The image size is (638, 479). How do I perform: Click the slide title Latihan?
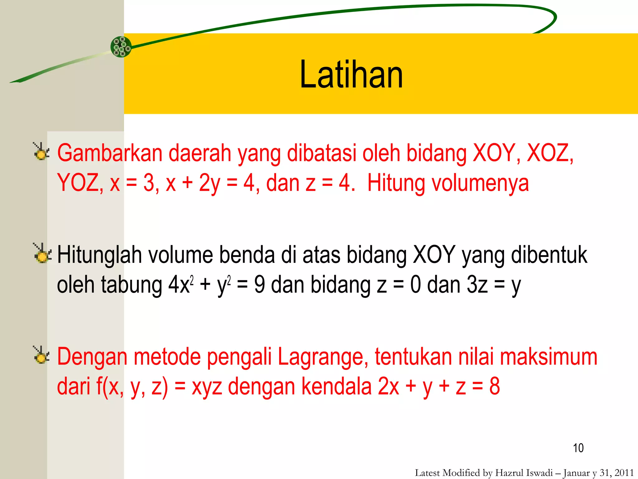tap(351, 75)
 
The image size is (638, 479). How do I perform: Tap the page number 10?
tap(578, 448)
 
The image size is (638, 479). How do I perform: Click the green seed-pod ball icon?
tap(121, 47)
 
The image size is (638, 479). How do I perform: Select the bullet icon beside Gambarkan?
tap(41, 152)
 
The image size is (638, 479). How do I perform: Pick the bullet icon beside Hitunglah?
tap(42, 254)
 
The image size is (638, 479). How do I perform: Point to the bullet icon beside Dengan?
tap(41, 356)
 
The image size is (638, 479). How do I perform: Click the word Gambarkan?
tap(110, 153)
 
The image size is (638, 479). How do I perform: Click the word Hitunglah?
tap(99, 255)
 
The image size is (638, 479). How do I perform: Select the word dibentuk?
tap(549, 255)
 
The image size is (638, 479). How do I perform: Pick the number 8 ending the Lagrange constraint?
tap(494, 387)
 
